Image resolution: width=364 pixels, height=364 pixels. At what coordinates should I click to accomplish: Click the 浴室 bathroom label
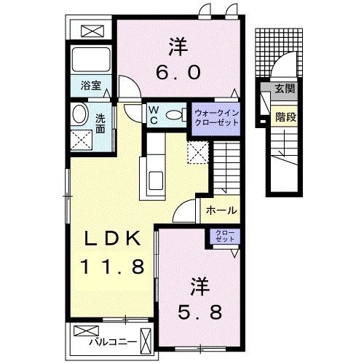(x=90, y=85)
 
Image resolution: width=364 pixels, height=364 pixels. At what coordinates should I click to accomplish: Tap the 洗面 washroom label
(x=100, y=123)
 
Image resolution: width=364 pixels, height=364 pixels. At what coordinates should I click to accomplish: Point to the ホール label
(x=221, y=210)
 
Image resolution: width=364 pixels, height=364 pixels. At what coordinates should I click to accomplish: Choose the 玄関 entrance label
(x=285, y=90)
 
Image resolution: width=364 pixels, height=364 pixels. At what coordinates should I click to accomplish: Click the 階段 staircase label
(x=285, y=114)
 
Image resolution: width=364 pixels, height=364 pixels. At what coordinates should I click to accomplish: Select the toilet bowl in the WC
(x=174, y=115)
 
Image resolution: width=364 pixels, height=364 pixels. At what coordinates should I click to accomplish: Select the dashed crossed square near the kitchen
(x=197, y=151)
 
